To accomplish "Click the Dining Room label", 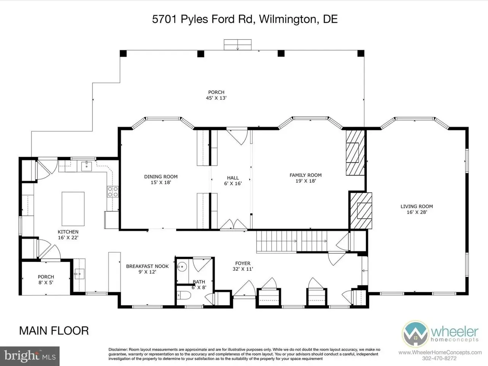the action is [161, 177].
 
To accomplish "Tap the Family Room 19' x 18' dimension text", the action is [306, 181].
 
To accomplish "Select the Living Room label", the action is [417, 206].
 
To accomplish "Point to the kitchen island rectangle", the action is [73, 209].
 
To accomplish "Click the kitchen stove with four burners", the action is [113, 192].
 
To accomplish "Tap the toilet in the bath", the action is [184, 295].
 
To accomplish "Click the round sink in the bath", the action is [182, 266].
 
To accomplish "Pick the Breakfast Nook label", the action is [148, 266].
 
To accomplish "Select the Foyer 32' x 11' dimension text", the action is [243, 269].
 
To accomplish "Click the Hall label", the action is [233, 178].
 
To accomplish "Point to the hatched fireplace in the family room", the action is [355, 152].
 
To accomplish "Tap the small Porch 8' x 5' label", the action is [46, 279].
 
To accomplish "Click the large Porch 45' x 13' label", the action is [216, 95].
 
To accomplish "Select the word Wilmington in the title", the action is [287, 19].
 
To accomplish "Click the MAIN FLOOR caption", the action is [54, 331].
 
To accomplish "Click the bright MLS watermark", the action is [30, 356].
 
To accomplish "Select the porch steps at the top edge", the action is [238, 45].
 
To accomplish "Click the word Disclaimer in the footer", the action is [118, 350].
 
